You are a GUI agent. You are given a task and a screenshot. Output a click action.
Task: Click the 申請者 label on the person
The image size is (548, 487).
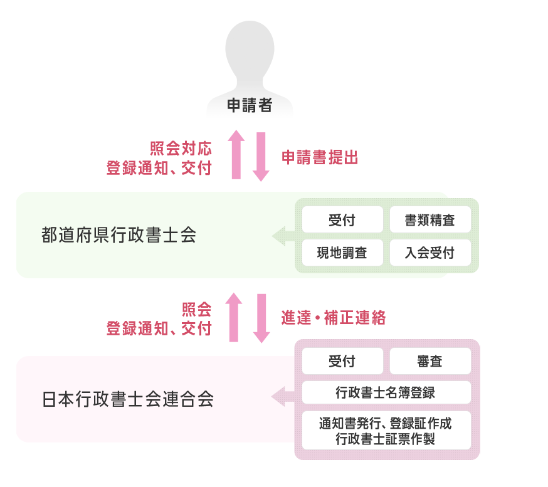(249, 106)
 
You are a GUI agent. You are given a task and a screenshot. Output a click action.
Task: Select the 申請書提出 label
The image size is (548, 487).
(320, 158)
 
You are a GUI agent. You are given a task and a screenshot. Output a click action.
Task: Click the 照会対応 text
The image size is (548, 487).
(181, 149)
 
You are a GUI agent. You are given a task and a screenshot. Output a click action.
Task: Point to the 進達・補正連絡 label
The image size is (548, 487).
(333, 318)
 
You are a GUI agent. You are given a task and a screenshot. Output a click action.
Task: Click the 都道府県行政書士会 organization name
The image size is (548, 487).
(119, 235)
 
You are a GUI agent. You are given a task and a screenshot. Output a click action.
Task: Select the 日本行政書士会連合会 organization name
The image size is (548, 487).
(128, 399)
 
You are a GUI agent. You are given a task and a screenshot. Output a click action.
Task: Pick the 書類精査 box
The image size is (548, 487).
(430, 220)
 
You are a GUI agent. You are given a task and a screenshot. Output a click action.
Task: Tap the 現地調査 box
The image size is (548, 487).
(342, 253)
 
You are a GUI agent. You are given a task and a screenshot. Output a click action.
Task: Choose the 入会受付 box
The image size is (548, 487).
(430, 253)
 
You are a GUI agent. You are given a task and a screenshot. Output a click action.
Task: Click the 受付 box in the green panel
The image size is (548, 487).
(342, 220)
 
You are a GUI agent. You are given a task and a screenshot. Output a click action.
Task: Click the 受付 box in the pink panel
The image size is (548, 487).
(342, 361)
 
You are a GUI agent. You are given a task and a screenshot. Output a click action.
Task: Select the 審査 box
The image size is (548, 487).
(430, 361)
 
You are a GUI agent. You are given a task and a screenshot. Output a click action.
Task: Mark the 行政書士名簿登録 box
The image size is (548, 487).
(386, 393)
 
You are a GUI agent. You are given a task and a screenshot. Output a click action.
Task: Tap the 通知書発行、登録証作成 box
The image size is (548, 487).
(386, 430)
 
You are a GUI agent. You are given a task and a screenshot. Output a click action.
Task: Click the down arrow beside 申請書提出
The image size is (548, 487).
(261, 156)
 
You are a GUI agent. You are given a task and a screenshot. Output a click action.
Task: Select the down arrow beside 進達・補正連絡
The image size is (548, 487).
(261, 318)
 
